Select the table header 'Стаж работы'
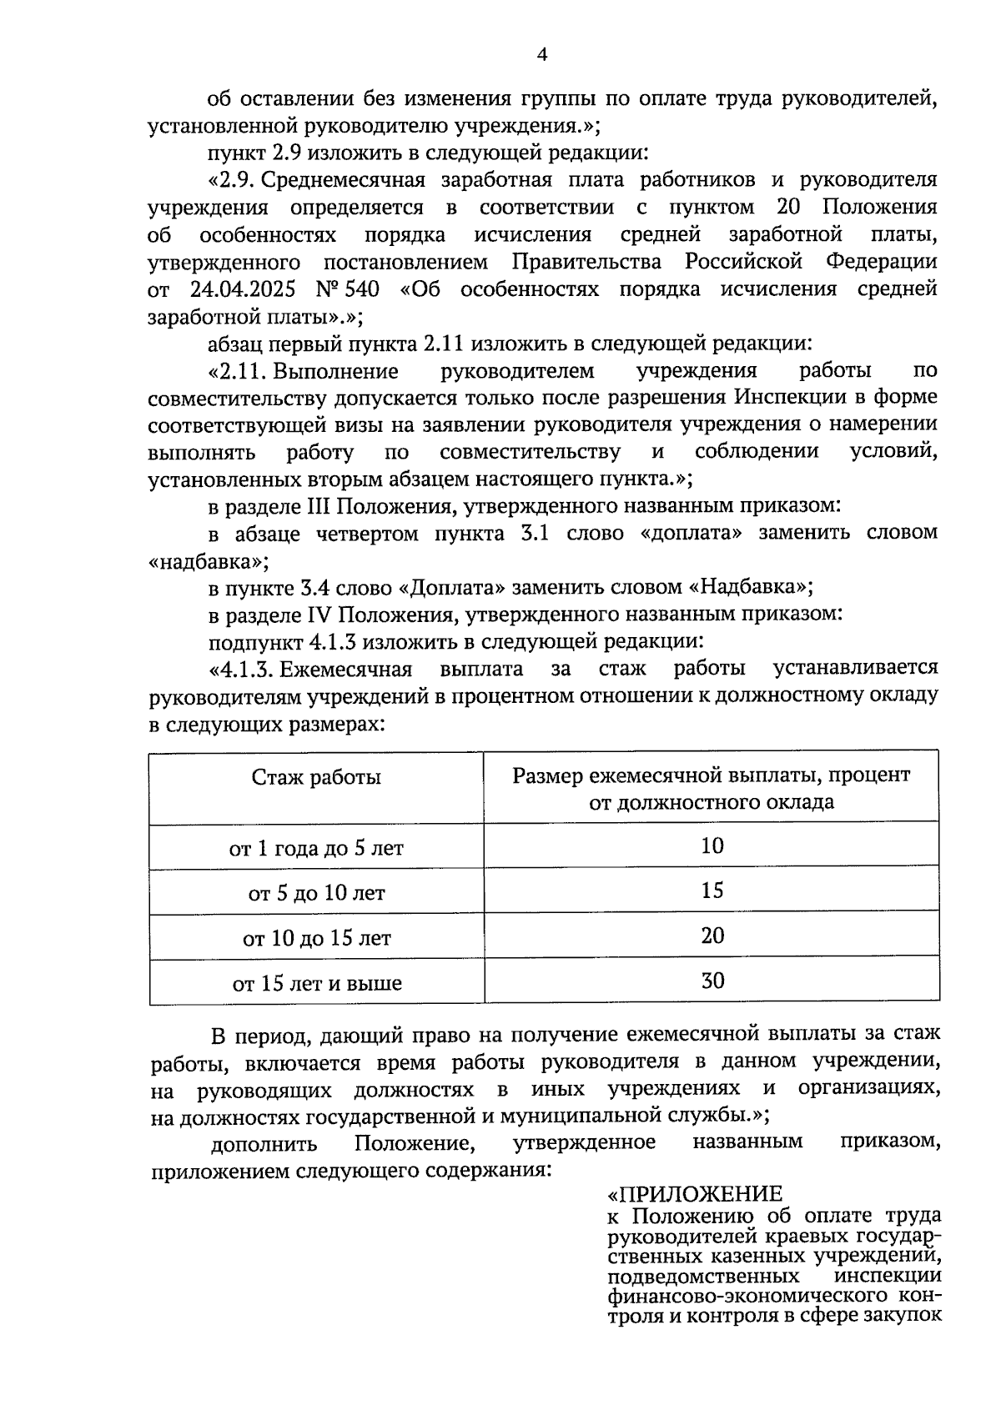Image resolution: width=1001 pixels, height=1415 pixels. pyautogui.click(x=316, y=777)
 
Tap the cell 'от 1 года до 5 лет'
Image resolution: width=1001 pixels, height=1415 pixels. pyautogui.click(x=316, y=849)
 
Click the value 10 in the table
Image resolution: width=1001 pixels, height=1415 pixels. pyautogui.click(x=712, y=846)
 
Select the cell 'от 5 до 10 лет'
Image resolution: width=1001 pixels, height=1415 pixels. pyautogui.click(x=316, y=894)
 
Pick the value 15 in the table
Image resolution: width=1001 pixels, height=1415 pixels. pyautogui.click(x=712, y=891)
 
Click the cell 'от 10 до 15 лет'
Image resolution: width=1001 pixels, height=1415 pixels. pyautogui.click(x=316, y=939)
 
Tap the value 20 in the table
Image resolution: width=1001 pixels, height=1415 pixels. pyautogui.click(x=712, y=936)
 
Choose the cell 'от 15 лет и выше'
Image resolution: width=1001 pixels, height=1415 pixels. pyautogui.click(x=316, y=984)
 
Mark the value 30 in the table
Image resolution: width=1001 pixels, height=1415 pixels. pyautogui.click(x=712, y=981)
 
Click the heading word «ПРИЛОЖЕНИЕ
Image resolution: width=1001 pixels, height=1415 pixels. pyautogui.click(x=696, y=1194)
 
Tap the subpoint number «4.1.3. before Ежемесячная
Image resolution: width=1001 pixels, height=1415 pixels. pyautogui.click(x=243, y=669)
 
